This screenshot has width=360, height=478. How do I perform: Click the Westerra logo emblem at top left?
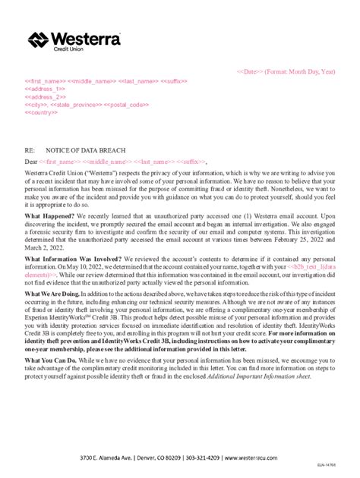point(39,40)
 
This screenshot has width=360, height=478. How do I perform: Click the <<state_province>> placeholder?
point(75,105)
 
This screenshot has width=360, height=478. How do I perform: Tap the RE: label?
point(30,152)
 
